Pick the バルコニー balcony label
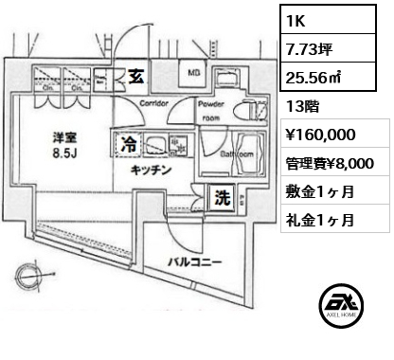point(195,260)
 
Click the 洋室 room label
point(64,136)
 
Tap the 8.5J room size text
point(64,153)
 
